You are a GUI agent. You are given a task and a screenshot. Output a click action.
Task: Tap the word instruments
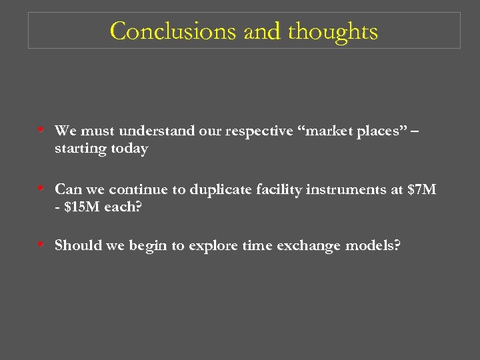point(345,189)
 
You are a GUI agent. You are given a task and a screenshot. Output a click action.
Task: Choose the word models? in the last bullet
point(375,245)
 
